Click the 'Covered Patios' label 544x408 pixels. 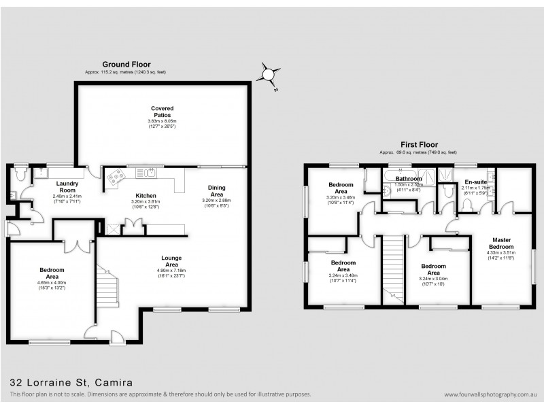coord(162,112)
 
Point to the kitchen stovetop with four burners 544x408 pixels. coord(115,175)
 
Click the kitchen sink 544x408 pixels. coord(144,172)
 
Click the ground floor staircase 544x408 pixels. coord(107,286)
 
